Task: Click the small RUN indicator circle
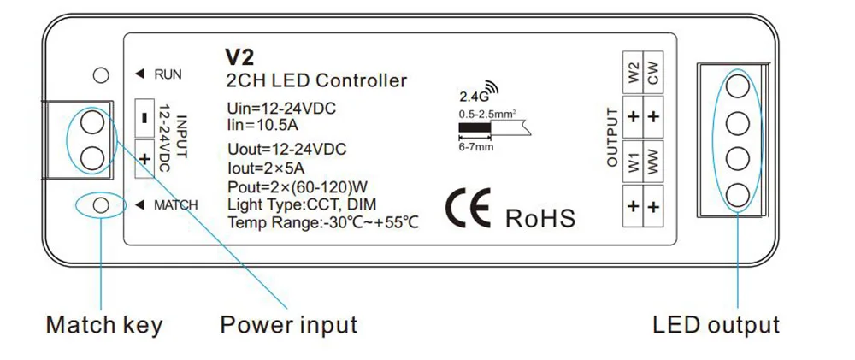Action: pyautogui.click(x=101, y=75)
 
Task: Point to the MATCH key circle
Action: pyautogui.click(x=101, y=205)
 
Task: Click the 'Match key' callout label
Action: pyautogui.click(x=103, y=325)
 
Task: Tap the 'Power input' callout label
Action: pyautogui.click(x=289, y=325)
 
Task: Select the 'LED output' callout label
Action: pyautogui.click(x=716, y=325)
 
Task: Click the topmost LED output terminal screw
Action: pyautogui.click(x=737, y=87)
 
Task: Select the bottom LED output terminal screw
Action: pyautogui.click(x=737, y=192)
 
